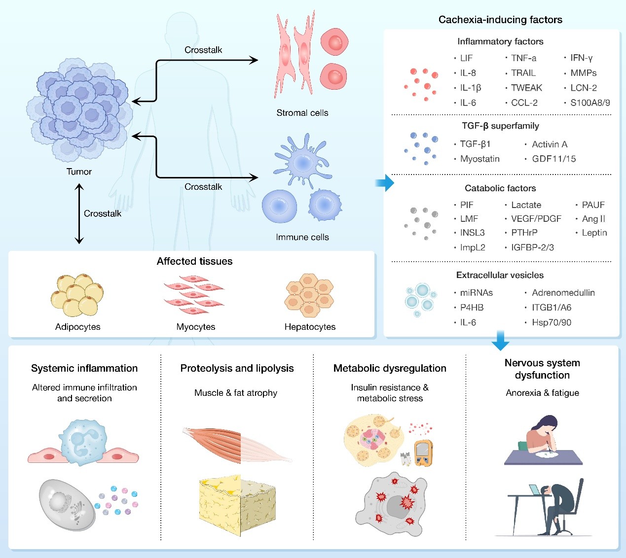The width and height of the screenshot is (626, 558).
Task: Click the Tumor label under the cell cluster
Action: pyautogui.click(x=79, y=172)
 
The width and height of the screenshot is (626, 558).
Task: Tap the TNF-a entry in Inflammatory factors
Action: pyautogui.click(x=523, y=58)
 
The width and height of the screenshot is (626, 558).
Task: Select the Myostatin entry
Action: pyautogui.click(x=479, y=159)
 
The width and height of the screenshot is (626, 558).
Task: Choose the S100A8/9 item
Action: pyautogui.click(x=590, y=103)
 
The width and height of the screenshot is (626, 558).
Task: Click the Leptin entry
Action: pyautogui.click(x=594, y=233)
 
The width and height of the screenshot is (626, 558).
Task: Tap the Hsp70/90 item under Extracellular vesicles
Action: pyautogui.click(x=551, y=322)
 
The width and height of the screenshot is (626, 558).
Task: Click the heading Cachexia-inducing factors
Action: pyautogui.click(x=500, y=20)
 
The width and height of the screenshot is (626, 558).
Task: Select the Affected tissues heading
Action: pyautogui.click(x=194, y=261)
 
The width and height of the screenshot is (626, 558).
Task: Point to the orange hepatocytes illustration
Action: pyautogui.click(x=309, y=295)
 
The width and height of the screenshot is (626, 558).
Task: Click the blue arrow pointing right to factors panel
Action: pyautogui.click(x=385, y=183)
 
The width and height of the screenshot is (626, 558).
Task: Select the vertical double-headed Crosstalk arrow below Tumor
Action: pyautogui.click(x=79, y=214)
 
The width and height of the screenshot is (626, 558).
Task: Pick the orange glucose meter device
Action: pyautogui.click(x=423, y=453)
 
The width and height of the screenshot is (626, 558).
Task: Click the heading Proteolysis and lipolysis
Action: pyautogui.click(x=237, y=368)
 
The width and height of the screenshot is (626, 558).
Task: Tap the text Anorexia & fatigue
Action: pyautogui.click(x=542, y=393)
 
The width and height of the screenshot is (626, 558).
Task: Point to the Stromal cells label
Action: pyautogui.click(x=302, y=113)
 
